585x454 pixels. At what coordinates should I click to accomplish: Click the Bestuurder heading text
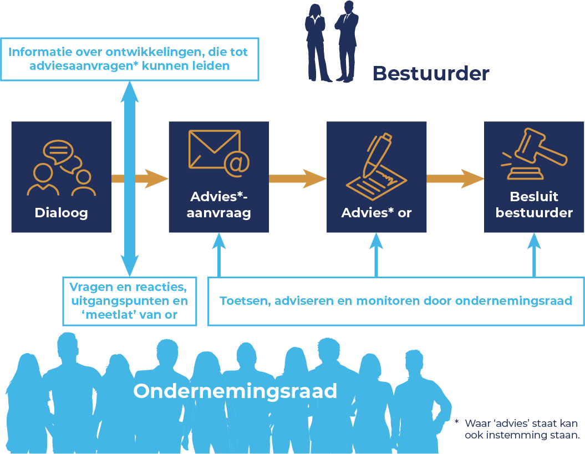[431, 73]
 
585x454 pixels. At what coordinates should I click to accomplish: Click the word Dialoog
[61, 213]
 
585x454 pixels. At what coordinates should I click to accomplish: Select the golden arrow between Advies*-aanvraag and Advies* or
[297, 178]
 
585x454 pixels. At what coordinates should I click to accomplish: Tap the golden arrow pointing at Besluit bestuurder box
[455, 178]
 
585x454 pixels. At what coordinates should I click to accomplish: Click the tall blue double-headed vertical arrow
[129, 177]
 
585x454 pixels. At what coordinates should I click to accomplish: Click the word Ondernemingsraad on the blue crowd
[235, 391]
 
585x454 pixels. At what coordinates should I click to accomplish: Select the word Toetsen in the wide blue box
[242, 302]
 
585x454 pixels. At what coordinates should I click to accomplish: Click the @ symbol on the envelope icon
[237, 164]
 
